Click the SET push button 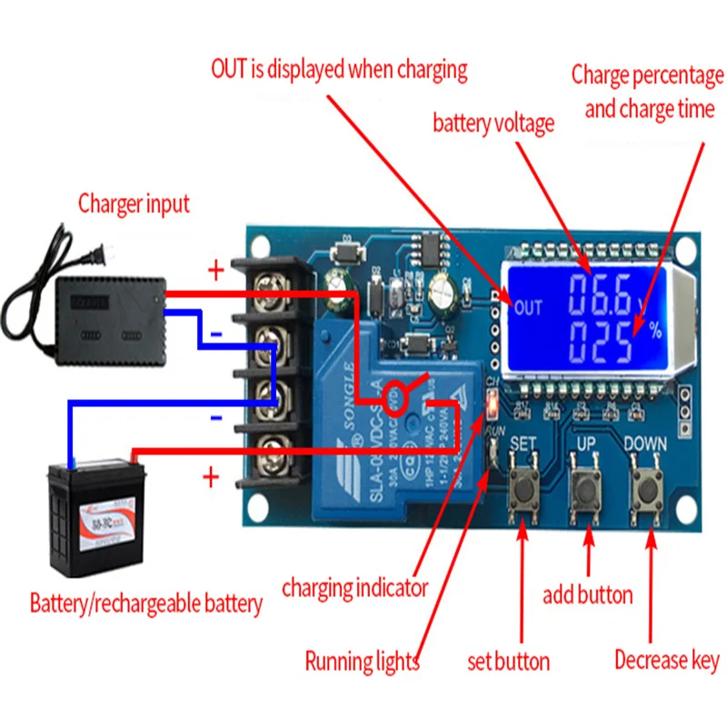pyautogui.click(x=524, y=491)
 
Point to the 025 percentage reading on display pyautogui.click(x=601, y=344)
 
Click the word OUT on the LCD pyautogui.click(x=527, y=307)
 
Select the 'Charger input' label pyautogui.click(x=134, y=203)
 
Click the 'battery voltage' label pyautogui.click(x=493, y=124)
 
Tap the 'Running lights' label pyautogui.click(x=362, y=661)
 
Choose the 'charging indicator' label pyautogui.click(x=354, y=588)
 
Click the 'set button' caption pyautogui.click(x=508, y=661)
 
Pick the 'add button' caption pyautogui.click(x=587, y=595)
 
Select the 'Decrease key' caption pyautogui.click(x=666, y=660)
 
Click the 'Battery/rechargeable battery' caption pyautogui.click(x=146, y=603)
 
